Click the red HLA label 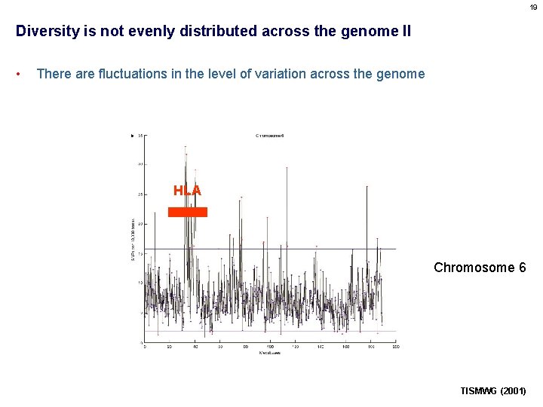click(187, 191)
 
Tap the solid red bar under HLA click(187, 213)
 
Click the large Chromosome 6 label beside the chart click(480, 268)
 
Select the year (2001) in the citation click(514, 391)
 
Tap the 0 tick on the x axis click(145, 347)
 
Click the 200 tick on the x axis click(395, 347)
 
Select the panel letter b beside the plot click(133, 136)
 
